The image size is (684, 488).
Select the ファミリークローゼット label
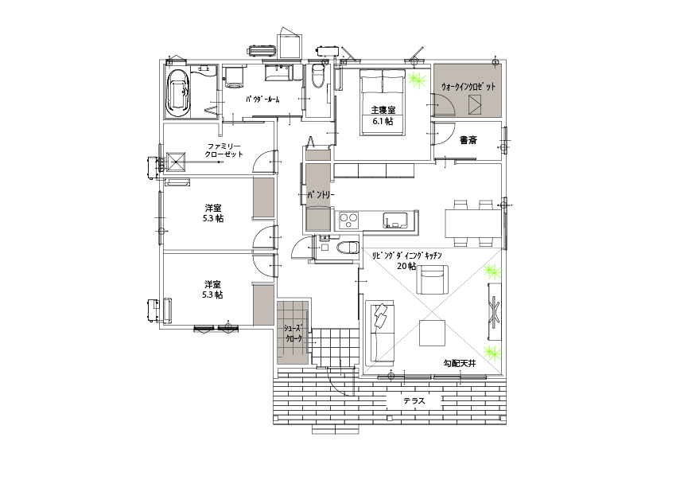coord(224,150)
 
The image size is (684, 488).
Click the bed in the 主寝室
coord(383,102)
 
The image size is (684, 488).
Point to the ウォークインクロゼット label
coord(468,87)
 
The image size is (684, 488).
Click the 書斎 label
coord(468,140)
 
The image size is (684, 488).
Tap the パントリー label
coord(321,195)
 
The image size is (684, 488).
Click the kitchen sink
coord(395,220)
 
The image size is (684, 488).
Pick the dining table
coord(473,223)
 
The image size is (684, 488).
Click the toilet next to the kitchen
coord(348,248)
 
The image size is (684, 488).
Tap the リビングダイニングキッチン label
coord(407,255)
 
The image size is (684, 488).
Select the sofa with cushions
coord(382,331)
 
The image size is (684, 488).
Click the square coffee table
coord(433,333)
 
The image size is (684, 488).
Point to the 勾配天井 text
coord(460,363)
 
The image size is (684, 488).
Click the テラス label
coord(414,400)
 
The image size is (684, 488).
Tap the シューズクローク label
coord(293,333)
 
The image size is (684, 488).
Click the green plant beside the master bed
coord(418,80)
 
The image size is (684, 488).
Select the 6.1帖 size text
coord(383,121)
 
